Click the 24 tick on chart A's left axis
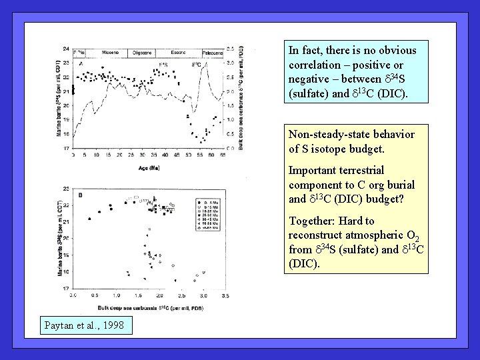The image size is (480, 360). (x=65, y=49)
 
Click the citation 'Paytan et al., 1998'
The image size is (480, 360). (x=85, y=325)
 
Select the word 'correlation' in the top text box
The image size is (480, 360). (x=315, y=65)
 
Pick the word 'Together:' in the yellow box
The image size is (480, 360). (x=311, y=221)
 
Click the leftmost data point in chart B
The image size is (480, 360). (x=89, y=219)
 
